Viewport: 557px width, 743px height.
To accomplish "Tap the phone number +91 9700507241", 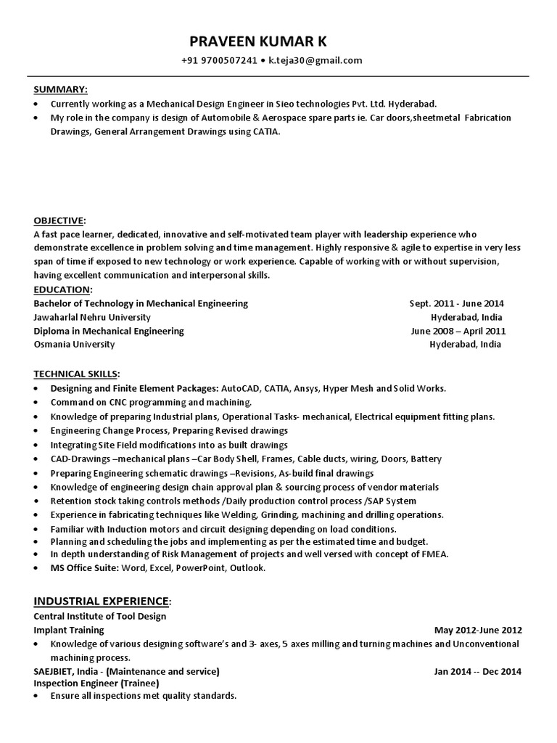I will [219, 60].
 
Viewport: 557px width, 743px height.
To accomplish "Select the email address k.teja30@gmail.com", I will [315, 60].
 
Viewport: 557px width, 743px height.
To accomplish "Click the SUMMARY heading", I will [60, 89].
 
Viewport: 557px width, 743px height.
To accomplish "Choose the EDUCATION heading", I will [62, 290].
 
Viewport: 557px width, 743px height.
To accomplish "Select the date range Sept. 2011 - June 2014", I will [457, 303].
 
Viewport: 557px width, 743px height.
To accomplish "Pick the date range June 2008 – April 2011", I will [458, 331].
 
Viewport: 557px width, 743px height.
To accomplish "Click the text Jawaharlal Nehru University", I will [92, 317].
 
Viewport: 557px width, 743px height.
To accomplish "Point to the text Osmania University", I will [75, 345].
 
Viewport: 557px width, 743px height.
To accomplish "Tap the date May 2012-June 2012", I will [478, 630].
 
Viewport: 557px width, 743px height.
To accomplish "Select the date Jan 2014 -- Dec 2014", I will [477, 671].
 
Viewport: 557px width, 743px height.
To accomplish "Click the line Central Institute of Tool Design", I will [100, 616].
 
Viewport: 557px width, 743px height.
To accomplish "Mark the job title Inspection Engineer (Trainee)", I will [96, 683].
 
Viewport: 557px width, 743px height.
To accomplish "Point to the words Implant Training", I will [69, 630].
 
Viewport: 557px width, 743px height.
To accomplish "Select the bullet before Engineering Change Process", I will [37, 431].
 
